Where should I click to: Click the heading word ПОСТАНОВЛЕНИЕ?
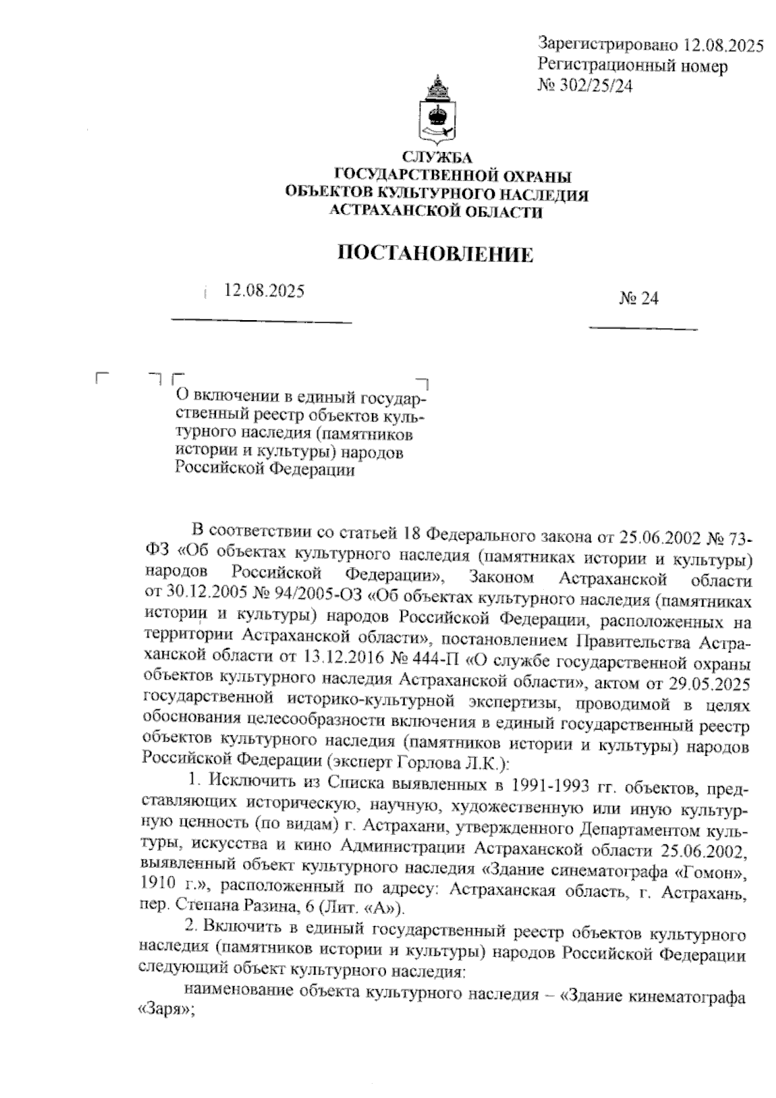tap(437, 254)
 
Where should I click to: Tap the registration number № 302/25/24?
tap(585, 85)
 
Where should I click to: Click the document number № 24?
tap(639, 298)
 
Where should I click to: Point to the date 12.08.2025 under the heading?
tap(264, 291)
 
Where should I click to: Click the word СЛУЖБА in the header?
tap(437, 157)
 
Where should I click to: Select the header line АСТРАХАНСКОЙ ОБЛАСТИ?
tap(436, 211)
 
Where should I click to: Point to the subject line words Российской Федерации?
tap(265, 469)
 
